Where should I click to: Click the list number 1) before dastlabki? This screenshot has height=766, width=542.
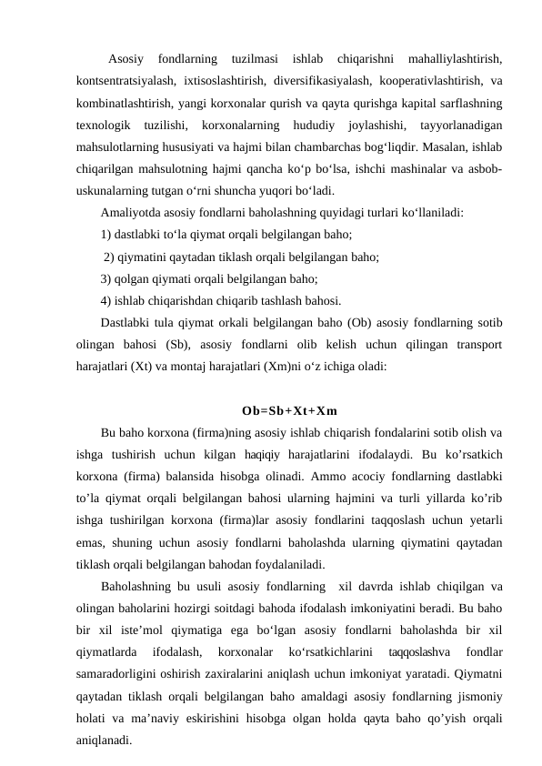[107, 236]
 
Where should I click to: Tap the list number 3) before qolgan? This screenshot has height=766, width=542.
[107, 279]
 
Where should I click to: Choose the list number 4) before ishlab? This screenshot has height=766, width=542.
[107, 301]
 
